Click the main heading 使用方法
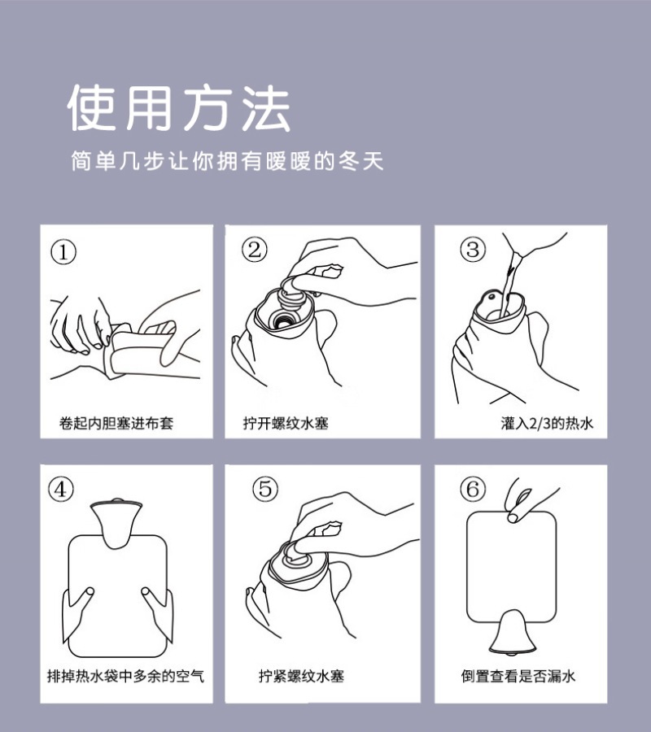tap(179, 108)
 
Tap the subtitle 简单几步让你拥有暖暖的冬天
tap(227, 161)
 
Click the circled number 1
tap(63, 252)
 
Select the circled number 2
tap(255, 250)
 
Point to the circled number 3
tap(473, 250)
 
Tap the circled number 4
tap(61, 490)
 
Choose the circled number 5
tap(265, 488)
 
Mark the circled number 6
tap(473, 488)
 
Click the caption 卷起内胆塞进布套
tap(116, 423)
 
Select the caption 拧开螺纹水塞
tap(286, 423)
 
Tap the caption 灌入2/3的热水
tap(547, 423)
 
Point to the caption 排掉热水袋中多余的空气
tap(125, 676)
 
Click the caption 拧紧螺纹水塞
tap(301, 676)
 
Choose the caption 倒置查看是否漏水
tap(518, 676)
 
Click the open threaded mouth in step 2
tap(282, 320)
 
